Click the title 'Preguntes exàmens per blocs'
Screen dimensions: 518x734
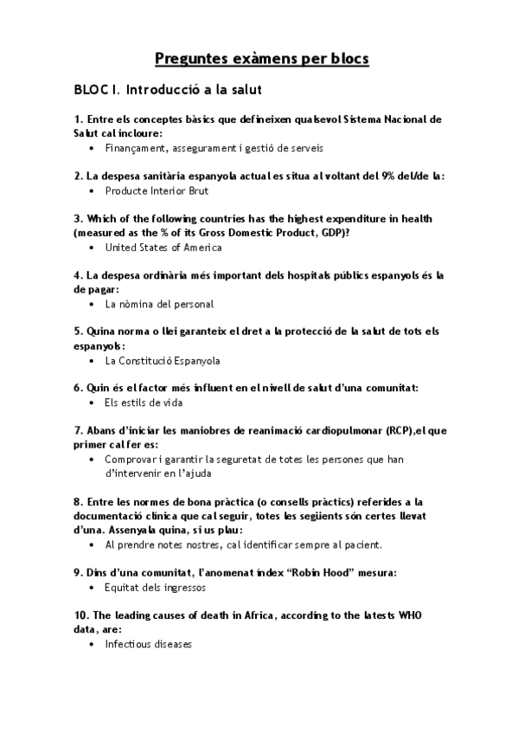point(261,59)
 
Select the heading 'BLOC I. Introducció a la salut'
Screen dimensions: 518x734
point(169,89)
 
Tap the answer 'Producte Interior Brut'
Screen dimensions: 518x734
point(156,190)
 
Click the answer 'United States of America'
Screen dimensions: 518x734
point(163,248)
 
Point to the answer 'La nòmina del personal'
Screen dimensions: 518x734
point(158,305)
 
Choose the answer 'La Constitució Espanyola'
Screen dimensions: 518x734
point(162,361)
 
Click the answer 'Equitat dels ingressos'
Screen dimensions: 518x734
point(155,588)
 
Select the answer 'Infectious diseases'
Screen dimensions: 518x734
point(148,644)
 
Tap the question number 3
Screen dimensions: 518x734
point(79,219)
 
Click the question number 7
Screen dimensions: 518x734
point(79,430)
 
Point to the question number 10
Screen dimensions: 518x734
point(80,615)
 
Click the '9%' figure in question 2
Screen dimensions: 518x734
point(375,176)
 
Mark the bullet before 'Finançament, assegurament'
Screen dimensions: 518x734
point(92,148)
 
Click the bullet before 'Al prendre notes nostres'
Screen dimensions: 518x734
point(92,545)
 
